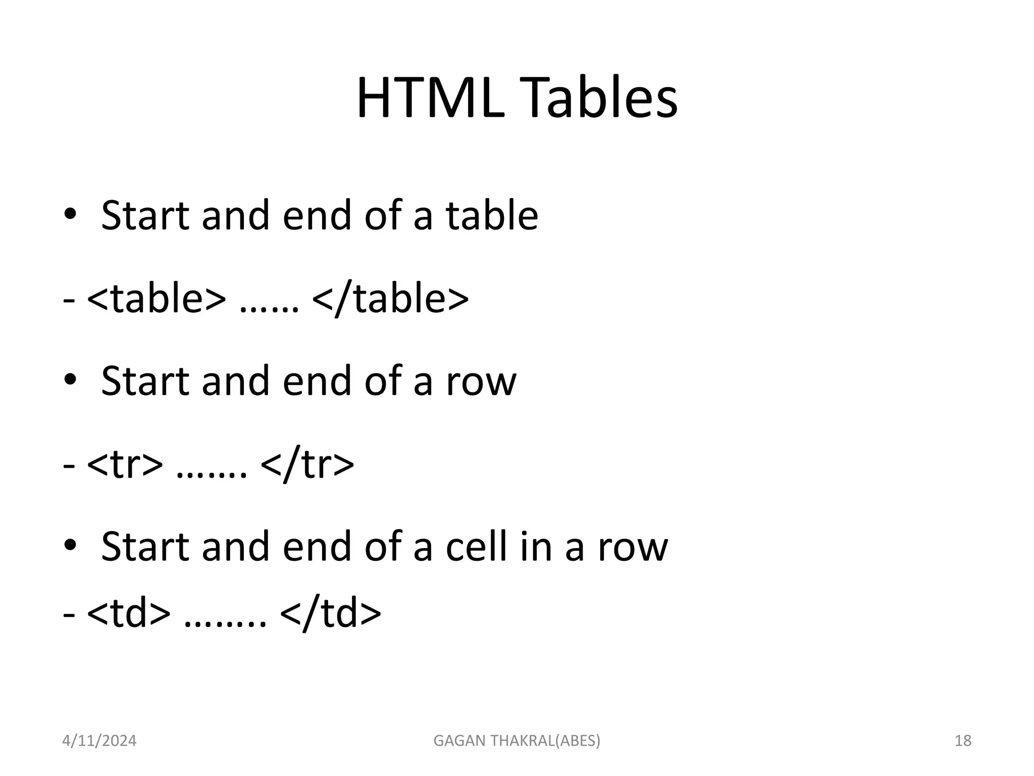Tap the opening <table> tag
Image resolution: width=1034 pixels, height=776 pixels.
point(157,299)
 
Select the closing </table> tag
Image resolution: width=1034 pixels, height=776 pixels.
point(390,299)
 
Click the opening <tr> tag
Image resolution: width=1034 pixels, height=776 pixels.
point(125,464)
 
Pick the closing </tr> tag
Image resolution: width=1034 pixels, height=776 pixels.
point(307,464)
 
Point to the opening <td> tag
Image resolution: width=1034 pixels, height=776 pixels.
point(129,613)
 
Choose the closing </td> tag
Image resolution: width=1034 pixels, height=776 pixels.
point(330,613)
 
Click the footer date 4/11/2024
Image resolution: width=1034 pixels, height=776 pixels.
point(99,741)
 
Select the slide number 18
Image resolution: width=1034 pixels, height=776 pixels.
point(963,741)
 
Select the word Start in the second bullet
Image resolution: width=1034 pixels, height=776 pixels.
point(145,381)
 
